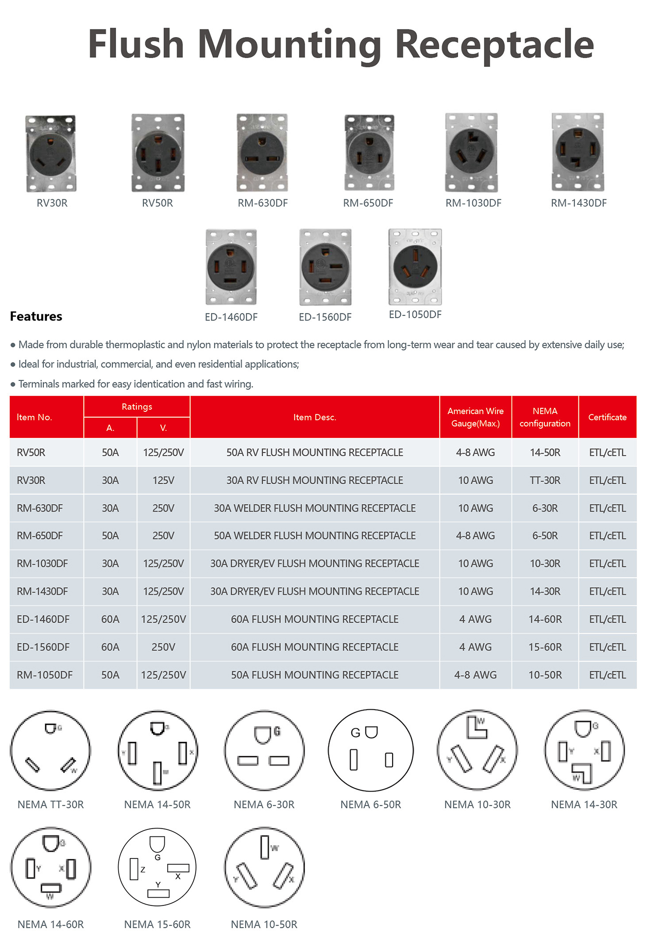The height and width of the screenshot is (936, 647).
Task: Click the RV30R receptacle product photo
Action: pos(51,153)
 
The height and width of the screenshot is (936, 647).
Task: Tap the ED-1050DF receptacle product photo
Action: pos(415,267)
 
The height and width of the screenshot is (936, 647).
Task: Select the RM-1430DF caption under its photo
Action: pos(578,203)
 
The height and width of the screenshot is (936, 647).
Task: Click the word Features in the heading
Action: pos(36,316)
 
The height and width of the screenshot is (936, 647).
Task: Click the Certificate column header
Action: pos(607,417)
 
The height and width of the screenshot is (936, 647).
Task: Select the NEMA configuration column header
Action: pos(545,417)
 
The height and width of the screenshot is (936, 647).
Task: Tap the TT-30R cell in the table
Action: pos(545,480)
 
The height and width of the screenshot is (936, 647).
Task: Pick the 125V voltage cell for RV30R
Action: pos(163,480)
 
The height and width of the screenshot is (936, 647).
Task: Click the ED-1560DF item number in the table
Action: pos(43,647)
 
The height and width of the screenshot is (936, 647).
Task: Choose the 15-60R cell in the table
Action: pos(545,647)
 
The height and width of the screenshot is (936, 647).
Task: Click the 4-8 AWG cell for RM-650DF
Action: pos(475,535)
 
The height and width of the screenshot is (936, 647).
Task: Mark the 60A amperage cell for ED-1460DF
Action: pos(110,619)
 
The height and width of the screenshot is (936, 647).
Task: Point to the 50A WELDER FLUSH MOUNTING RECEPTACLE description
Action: pos(314,535)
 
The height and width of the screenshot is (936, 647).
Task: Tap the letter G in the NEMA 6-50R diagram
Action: pos(355,733)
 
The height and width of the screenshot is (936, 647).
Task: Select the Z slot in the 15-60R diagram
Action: pos(134,869)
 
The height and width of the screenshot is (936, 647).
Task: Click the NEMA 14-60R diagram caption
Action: pos(50,924)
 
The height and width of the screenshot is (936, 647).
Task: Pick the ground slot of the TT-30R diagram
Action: pos(50,728)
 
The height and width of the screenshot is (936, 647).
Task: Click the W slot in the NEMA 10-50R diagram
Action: pos(264,847)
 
